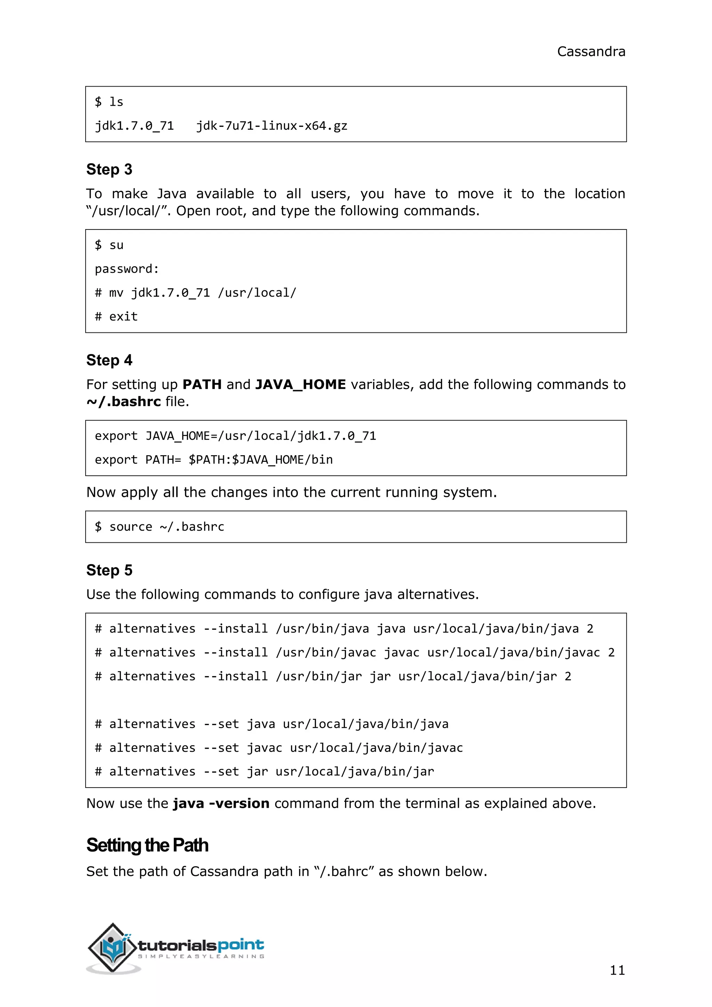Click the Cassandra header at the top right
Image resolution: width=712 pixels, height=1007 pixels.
point(591,52)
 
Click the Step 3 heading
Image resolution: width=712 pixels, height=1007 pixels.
point(109,169)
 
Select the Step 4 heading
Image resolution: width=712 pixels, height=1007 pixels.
point(109,360)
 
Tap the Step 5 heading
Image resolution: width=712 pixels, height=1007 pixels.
point(109,570)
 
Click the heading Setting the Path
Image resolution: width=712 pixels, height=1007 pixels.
point(147,845)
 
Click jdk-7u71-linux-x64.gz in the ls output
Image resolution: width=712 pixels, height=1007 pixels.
point(272,126)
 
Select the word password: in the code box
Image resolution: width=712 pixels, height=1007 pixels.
point(127,269)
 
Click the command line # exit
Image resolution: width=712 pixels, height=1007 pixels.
point(116,317)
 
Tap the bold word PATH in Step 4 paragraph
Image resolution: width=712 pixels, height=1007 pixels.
point(202,385)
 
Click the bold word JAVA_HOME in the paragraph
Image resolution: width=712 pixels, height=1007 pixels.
point(300,385)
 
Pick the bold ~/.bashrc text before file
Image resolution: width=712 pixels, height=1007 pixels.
point(124,402)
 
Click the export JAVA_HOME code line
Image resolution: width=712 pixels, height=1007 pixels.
point(235,436)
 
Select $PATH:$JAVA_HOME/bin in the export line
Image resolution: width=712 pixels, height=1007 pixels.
point(260,460)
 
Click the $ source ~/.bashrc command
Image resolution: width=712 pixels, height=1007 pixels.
point(160,527)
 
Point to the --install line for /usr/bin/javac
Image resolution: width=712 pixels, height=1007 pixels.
point(354,653)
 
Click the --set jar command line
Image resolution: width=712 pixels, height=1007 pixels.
point(264,772)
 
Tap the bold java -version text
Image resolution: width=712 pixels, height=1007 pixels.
point(221,804)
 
